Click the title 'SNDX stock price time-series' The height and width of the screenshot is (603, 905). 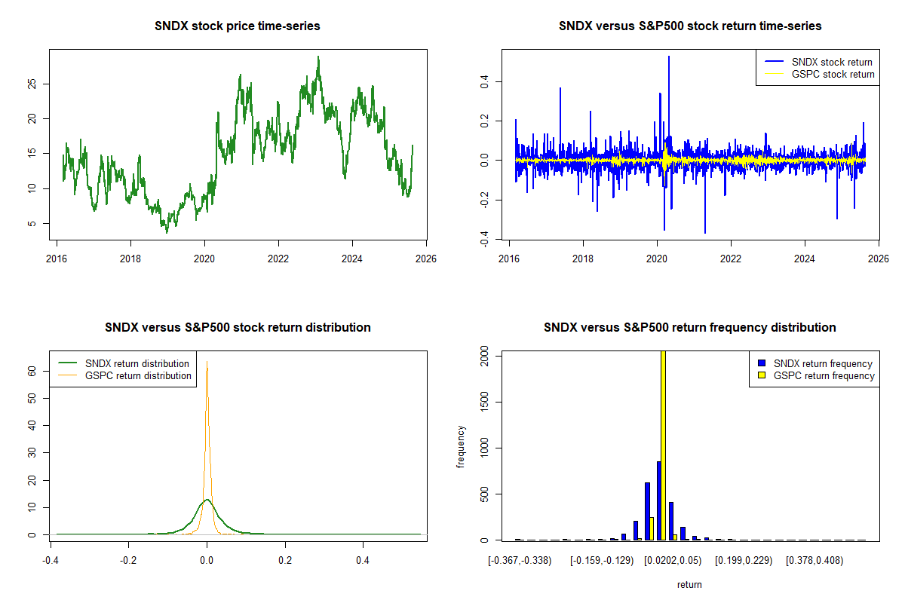(238, 26)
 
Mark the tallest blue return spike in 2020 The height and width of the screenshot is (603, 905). (668, 57)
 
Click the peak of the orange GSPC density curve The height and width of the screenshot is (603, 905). (207, 363)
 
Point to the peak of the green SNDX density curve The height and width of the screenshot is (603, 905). (206, 500)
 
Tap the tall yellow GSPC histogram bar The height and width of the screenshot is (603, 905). (664, 445)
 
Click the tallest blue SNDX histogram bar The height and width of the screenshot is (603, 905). (658, 501)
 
